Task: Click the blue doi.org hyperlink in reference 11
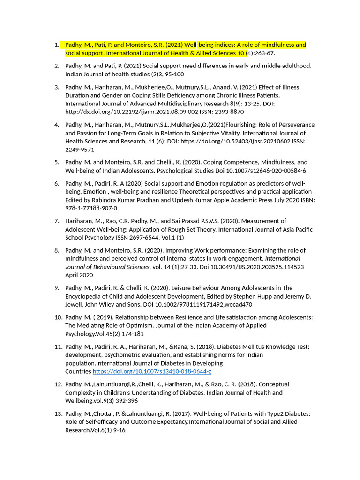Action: pyautogui.click(x=152, y=371)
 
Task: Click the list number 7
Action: pyautogui.click(x=56, y=221)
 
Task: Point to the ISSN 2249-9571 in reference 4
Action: pyautogui.click(x=80, y=150)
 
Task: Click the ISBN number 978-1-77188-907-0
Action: pyautogui.click(x=91, y=208)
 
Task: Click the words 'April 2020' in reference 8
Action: pyautogui.click(x=79, y=275)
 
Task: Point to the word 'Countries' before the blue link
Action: pyautogui.click(x=78, y=371)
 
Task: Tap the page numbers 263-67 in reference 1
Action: pyautogui.click(x=263, y=53)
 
